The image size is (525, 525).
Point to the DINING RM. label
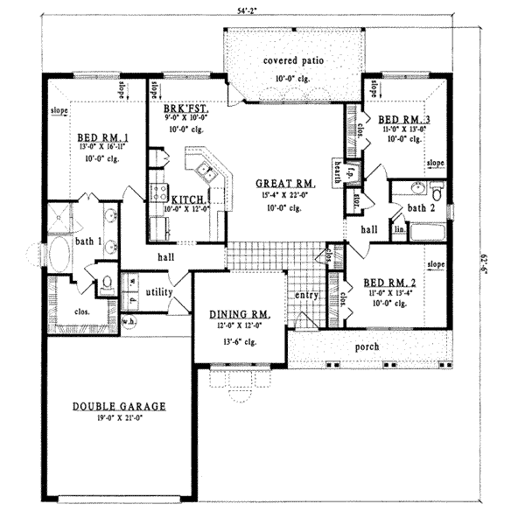pos(239,313)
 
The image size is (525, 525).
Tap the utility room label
pos(157,291)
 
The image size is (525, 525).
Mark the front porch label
pos(367,346)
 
